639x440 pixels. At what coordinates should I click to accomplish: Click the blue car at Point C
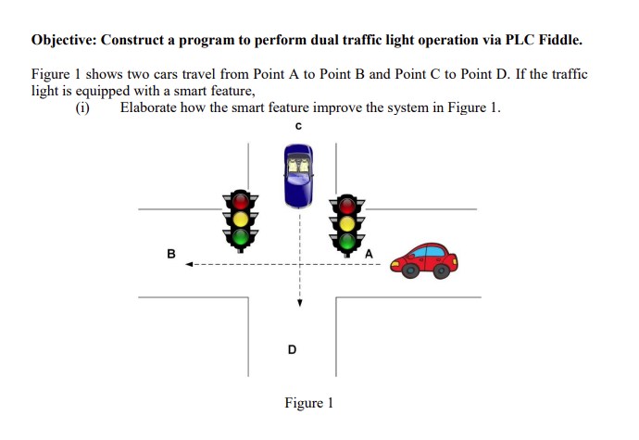click(298, 175)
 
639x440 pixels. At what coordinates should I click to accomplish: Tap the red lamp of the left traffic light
click(242, 200)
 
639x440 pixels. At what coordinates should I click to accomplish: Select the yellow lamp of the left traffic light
click(242, 219)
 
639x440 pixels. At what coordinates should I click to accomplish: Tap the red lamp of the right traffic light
click(347, 205)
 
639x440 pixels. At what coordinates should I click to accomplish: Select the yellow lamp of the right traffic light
click(347, 223)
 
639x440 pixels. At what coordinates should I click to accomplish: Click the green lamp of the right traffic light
click(347, 242)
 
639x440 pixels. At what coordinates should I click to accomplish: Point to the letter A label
click(369, 254)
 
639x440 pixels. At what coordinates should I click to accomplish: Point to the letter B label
click(170, 253)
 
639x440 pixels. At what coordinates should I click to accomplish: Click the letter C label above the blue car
click(298, 127)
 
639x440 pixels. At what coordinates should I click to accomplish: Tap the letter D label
click(293, 349)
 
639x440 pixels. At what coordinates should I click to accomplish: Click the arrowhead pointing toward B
click(189, 266)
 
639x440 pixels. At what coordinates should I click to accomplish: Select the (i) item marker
click(82, 107)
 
